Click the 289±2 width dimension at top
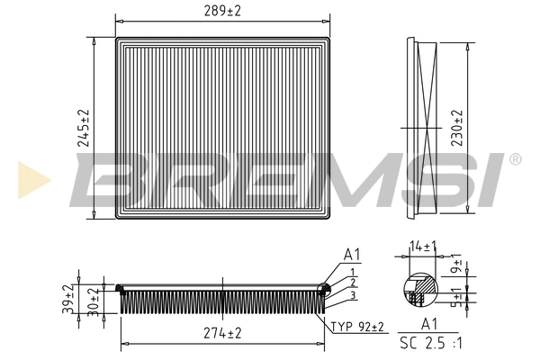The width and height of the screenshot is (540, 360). [x=222, y=11]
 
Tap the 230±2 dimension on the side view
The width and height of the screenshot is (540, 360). [x=456, y=128]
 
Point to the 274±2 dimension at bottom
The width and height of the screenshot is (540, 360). [x=222, y=333]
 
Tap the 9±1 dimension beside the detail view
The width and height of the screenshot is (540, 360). [x=457, y=267]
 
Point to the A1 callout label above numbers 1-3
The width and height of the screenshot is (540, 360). [x=352, y=254]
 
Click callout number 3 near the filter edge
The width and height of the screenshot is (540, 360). [x=354, y=295]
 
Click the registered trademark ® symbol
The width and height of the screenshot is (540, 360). [x=514, y=160]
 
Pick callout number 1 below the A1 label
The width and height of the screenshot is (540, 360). [x=354, y=272]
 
